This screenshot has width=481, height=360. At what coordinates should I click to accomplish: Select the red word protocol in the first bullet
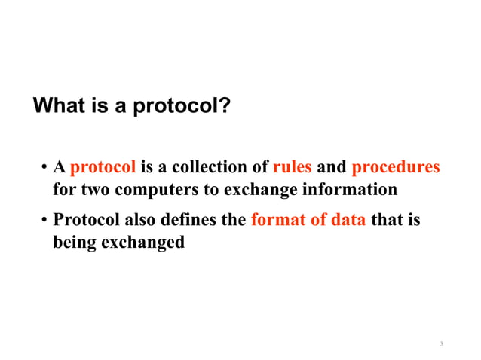[103, 167]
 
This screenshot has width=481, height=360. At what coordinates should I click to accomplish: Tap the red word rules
[292, 166]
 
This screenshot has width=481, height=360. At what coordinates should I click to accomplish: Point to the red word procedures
[396, 167]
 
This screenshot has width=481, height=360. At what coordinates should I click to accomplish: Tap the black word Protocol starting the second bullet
[87, 221]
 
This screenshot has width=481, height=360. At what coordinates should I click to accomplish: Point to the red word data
[346, 221]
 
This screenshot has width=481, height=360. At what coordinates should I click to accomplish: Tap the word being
[73, 243]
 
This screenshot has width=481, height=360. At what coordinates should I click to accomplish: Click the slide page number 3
[441, 345]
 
